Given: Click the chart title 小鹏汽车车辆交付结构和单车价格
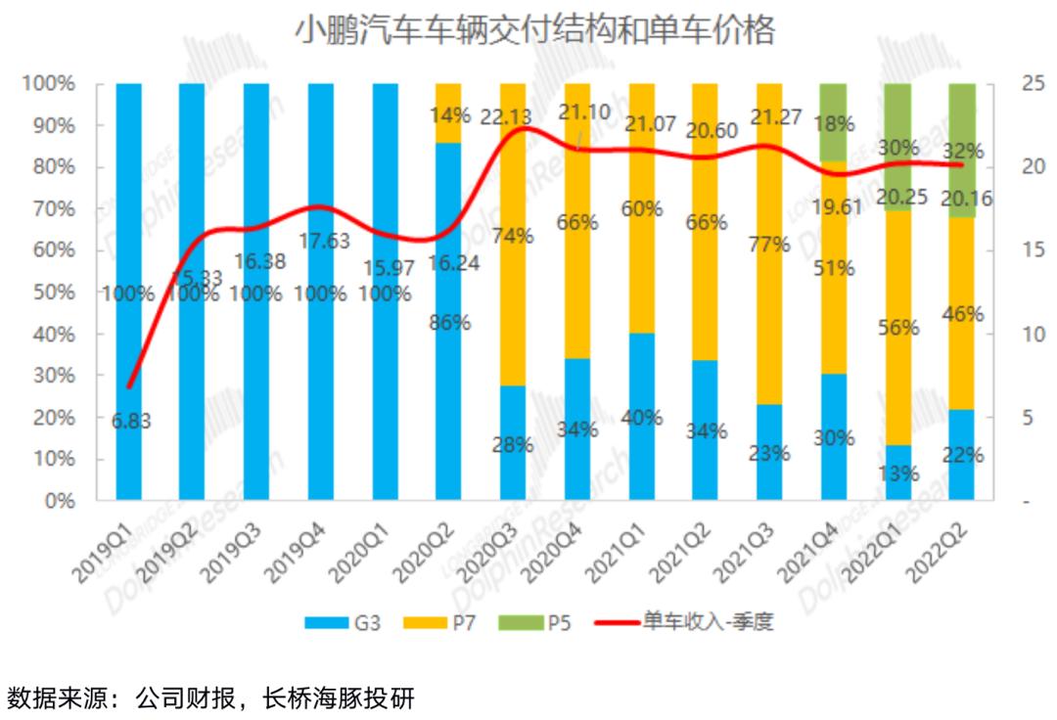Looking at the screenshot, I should tap(534, 31).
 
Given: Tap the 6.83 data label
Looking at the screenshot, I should tap(130, 422).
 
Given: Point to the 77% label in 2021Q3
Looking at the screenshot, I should tap(769, 245).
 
